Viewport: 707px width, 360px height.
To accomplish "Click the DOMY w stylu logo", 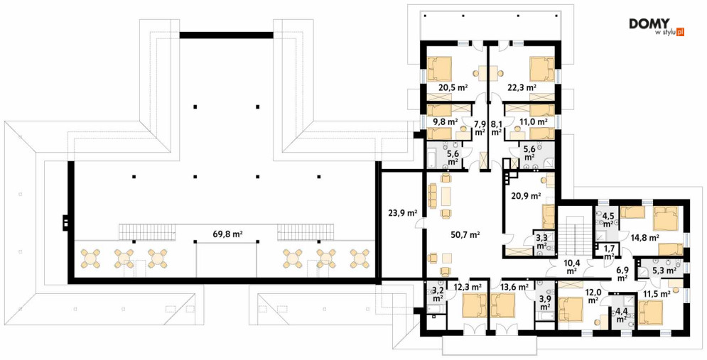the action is (x=657, y=27).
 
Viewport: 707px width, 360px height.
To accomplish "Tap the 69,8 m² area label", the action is (x=228, y=234).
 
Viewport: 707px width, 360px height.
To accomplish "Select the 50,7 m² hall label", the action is (x=465, y=234).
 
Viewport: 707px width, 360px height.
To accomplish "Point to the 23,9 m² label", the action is (x=402, y=213).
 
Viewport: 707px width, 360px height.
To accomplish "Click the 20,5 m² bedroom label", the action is (x=453, y=88).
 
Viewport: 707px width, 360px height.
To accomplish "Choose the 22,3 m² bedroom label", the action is (x=522, y=88).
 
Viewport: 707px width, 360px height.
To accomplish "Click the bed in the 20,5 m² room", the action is (x=439, y=68).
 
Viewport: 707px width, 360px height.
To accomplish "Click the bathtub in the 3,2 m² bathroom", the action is (x=433, y=310).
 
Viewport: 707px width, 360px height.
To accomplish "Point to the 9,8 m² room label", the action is (x=444, y=121).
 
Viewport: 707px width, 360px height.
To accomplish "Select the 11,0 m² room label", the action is (x=534, y=121).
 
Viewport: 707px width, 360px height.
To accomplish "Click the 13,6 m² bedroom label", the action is (x=514, y=287).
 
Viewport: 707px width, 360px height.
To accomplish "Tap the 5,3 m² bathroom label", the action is (x=664, y=271).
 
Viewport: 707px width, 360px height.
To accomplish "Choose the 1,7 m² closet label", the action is (x=609, y=252).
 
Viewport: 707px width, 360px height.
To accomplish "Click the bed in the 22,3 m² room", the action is (x=542, y=68).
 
